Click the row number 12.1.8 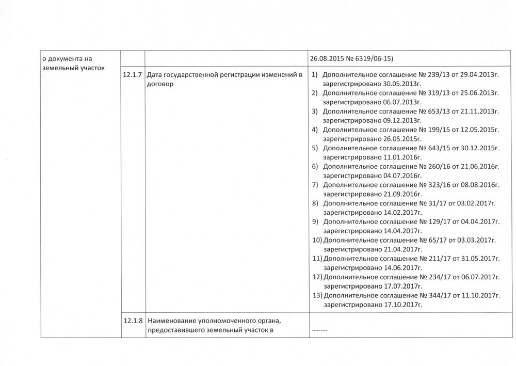click(x=133, y=321)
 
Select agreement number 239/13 click(x=432, y=76)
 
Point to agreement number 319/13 click(x=432, y=93)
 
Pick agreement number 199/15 click(x=432, y=130)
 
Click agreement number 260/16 click(x=432, y=166)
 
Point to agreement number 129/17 click(x=432, y=221)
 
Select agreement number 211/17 click(x=432, y=258)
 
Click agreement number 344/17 click(x=432, y=295)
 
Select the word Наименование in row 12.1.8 click(x=170, y=321)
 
